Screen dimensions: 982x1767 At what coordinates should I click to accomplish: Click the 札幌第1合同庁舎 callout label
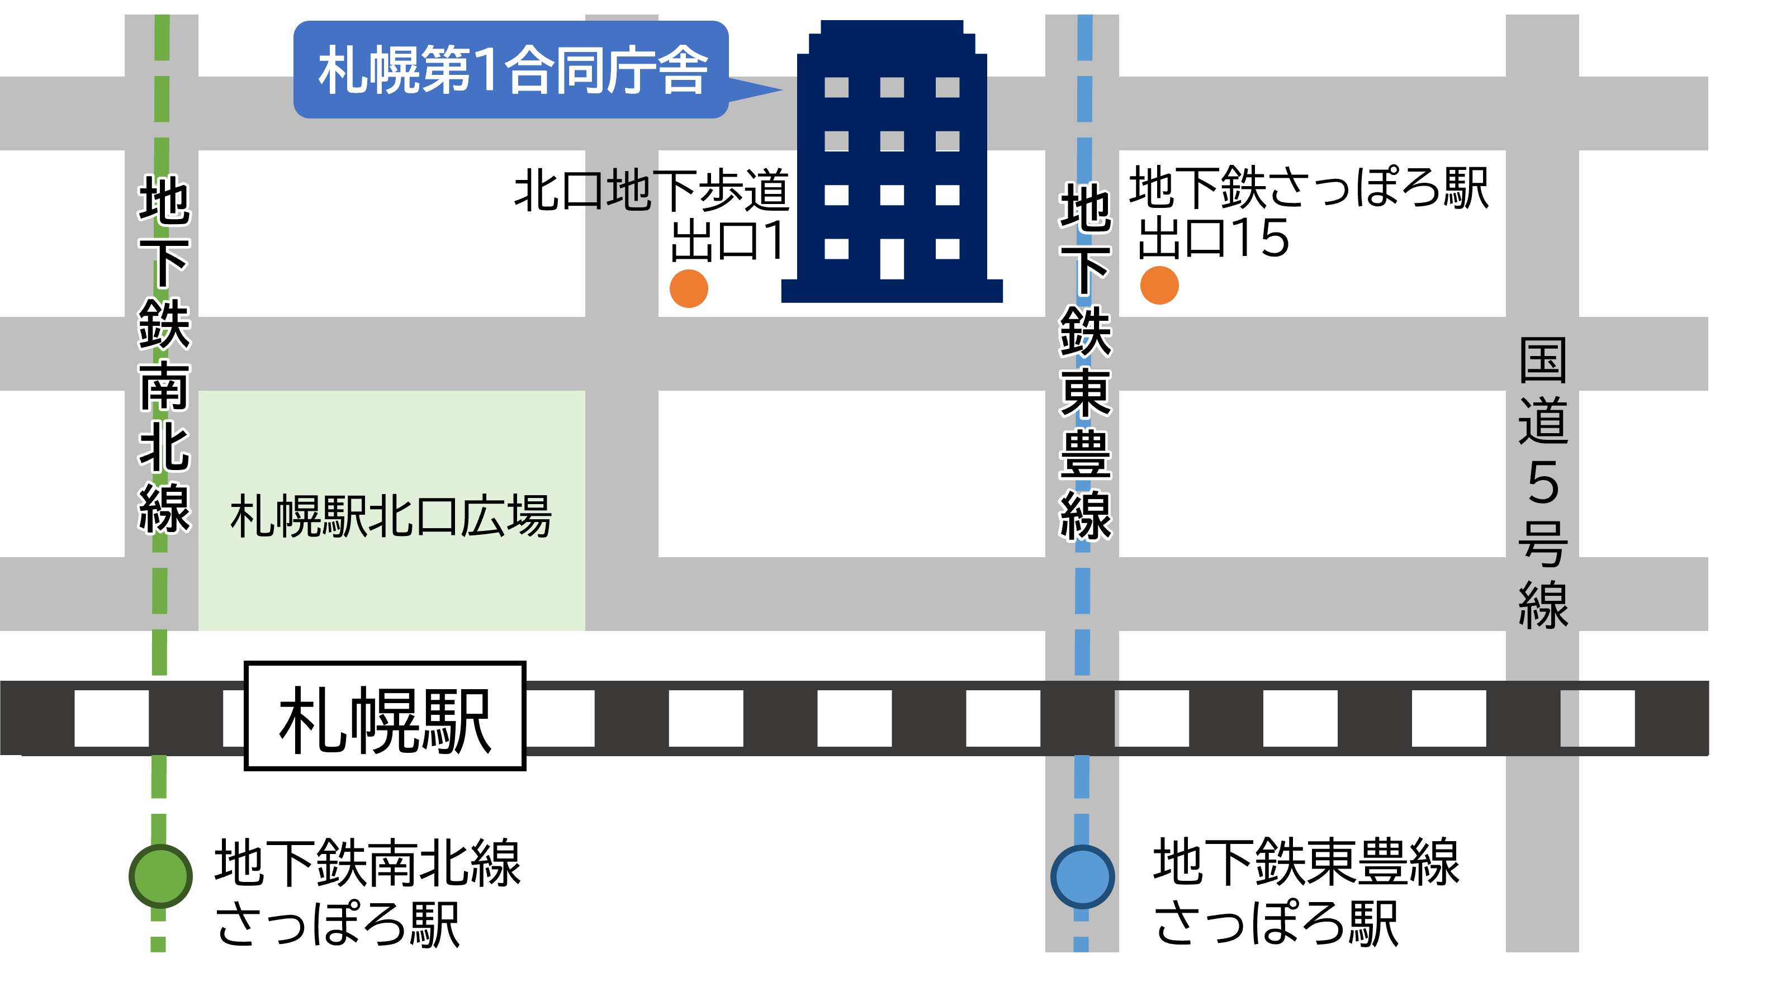[510, 69]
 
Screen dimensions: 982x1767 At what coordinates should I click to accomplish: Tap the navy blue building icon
[892, 164]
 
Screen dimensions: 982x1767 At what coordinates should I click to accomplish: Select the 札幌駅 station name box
[385, 716]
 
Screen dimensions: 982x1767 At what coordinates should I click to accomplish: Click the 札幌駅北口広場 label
[391, 516]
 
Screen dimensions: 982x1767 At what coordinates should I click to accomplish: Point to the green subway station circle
[160, 876]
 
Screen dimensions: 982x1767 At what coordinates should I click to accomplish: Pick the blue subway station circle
[1082, 877]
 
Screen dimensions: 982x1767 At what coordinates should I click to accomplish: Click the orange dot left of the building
[689, 289]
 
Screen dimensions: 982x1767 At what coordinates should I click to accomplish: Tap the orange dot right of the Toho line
[1159, 285]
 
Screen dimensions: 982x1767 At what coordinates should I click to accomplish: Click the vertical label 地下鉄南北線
[165, 353]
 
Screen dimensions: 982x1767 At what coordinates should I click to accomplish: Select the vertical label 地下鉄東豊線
[1085, 362]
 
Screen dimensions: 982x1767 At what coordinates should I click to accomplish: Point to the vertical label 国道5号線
[1543, 483]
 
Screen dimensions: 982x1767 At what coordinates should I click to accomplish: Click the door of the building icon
[892, 259]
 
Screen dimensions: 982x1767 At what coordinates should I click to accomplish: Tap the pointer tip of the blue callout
[779, 89]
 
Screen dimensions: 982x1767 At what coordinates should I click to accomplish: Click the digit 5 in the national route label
[1543, 483]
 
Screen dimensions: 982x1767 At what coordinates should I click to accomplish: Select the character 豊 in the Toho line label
[1085, 454]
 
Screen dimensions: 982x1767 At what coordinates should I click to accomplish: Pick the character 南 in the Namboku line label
[165, 386]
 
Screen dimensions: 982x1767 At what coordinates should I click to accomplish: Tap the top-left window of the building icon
[836, 87]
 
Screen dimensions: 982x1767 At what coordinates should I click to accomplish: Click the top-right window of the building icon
[948, 87]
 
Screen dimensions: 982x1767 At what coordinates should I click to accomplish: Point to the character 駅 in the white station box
[456, 720]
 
